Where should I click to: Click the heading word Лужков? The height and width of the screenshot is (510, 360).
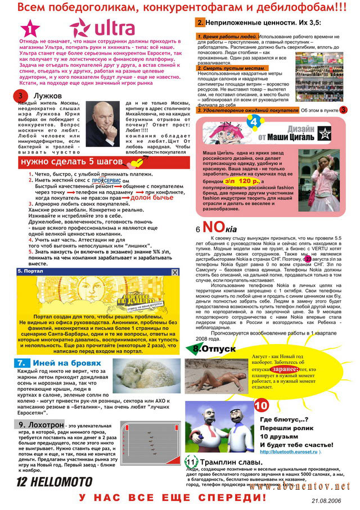(51, 96)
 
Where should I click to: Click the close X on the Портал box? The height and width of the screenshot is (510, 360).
(175, 272)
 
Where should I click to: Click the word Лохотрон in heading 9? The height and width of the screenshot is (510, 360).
(45, 423)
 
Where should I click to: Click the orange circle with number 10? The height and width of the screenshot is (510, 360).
(260, 405)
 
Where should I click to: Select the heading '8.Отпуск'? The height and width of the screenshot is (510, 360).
(214, 349)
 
